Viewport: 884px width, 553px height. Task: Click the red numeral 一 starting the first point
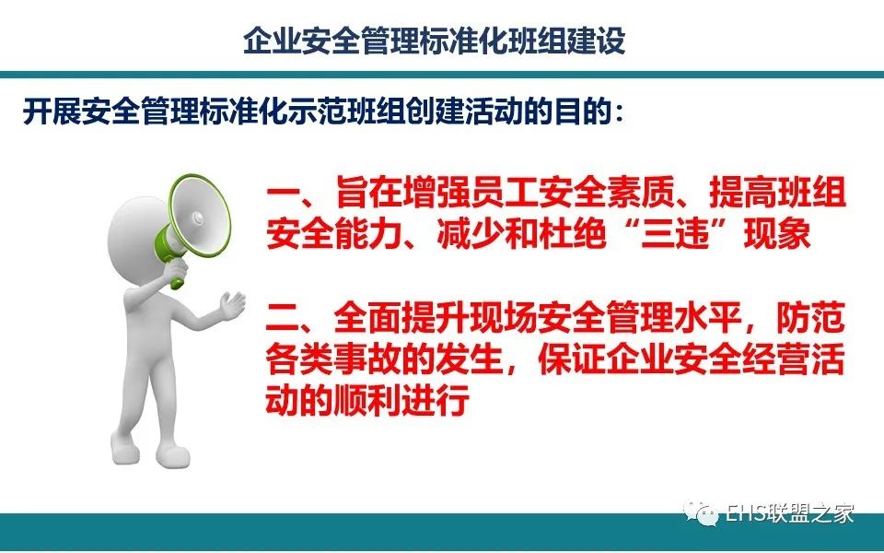click(x=283, y=193)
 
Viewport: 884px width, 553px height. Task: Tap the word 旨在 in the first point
click(x=369, y=193)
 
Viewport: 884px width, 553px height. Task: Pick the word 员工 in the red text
click(x=506, y=193)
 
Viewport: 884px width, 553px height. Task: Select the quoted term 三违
click(x=674, y=233)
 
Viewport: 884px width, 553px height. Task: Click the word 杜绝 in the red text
click(x=573, y=233)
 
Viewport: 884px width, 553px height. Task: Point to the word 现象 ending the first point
click(x=777, y=233)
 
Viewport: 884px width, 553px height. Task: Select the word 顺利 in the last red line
click(x=369, y=399)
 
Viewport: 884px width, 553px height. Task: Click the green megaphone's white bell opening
click(x=200, y=218)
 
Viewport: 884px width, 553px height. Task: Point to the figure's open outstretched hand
click(x=232, y=306)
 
